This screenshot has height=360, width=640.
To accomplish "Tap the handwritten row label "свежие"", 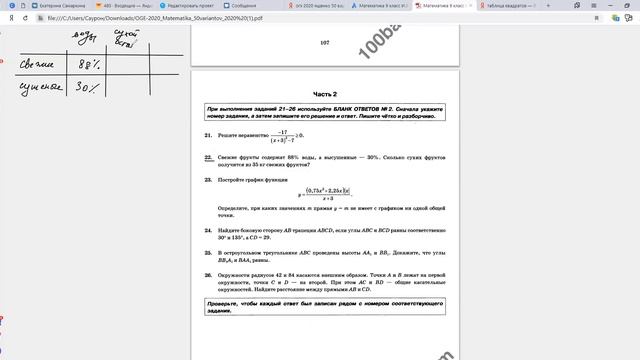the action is (x=38, y=67).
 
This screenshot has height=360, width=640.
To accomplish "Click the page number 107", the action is (x=324, y=43).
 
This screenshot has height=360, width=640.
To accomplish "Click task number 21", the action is (x=207, y=133).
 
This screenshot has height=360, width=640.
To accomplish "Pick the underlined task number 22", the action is (x=207, y=158).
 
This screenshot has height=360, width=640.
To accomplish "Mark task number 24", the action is (x=207, y=229).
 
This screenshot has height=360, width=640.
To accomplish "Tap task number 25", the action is (x=207, y=255).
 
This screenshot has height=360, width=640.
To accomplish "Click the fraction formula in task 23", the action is (x=321, y=193).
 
